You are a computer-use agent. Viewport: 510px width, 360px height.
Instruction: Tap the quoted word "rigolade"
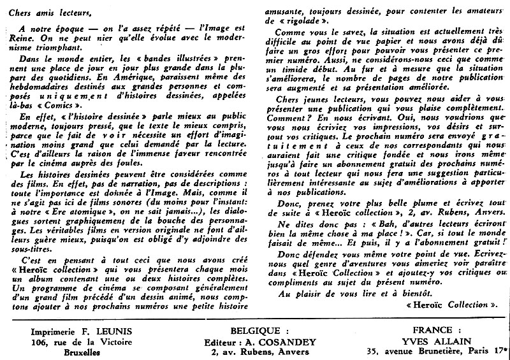[320, 29]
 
